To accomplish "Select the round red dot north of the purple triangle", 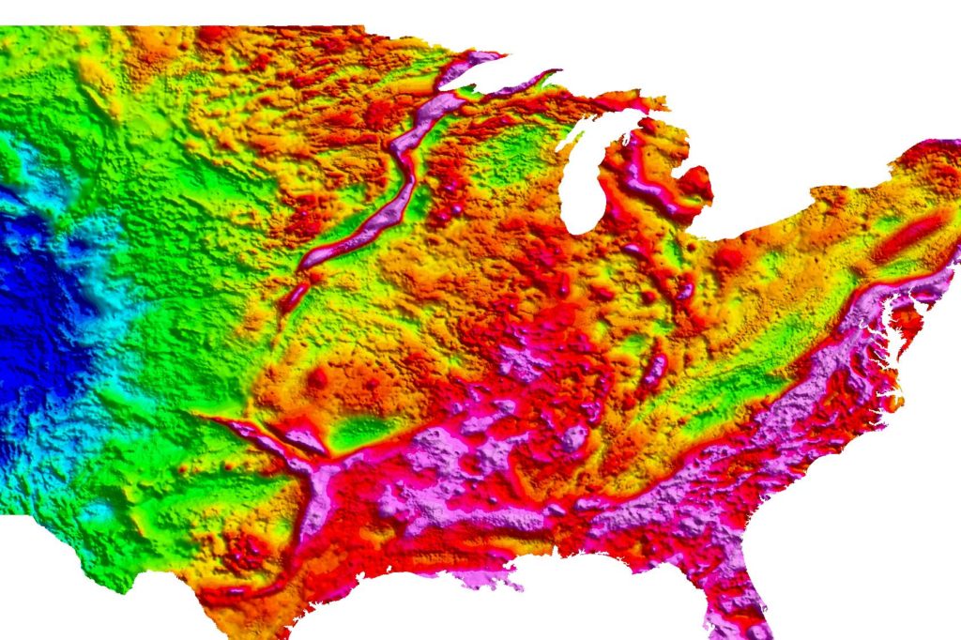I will click(x=318, y=378).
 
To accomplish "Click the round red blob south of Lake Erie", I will click(x=727, y=253).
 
